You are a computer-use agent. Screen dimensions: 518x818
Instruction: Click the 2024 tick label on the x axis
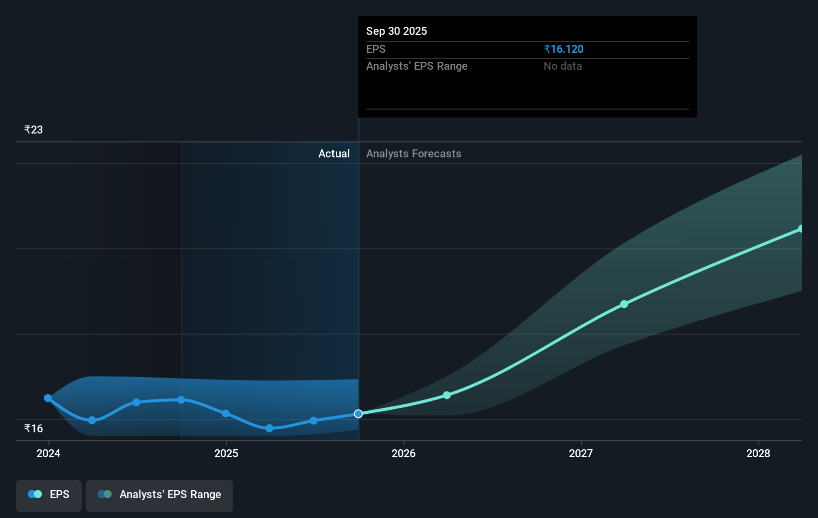[x=48, y=453]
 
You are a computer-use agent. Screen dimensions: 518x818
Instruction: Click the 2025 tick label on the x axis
[x=226, y=453]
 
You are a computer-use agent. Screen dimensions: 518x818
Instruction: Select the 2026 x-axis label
[x=404, y=453]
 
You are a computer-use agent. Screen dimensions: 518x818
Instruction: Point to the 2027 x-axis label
[x=581, y=453]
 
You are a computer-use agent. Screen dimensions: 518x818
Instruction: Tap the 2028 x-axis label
[x=758, y=453]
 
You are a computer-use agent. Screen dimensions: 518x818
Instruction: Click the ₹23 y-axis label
[x=33, y=129]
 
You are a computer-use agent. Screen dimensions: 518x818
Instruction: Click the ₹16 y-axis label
[x=33, y=428]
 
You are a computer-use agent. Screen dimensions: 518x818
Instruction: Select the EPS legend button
[x=49, y=495]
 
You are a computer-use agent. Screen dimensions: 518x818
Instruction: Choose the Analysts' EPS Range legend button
[x=159, y=495]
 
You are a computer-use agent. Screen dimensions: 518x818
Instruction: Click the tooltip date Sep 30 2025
[x=397, y=31]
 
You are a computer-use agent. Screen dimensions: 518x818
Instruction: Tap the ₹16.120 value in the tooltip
[x=563, y=49]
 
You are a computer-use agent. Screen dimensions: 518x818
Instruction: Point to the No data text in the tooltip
[x=562, y=66]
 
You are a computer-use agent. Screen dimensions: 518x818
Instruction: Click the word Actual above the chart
[x=334, y=153]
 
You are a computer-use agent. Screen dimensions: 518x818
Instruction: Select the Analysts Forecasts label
[x=413, y=153]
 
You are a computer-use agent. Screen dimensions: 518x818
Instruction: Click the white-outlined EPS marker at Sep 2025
[x=358, y=414]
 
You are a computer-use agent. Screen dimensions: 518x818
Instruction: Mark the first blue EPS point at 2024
[x=48, y=398]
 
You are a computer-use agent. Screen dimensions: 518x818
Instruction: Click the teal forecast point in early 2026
[x=447, y=395]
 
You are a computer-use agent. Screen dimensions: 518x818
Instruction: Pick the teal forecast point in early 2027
[x=624, y=304]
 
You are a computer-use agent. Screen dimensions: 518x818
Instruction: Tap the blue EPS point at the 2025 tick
[x=226, y=413]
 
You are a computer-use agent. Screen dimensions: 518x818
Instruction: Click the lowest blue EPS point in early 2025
[x=270, y=428]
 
